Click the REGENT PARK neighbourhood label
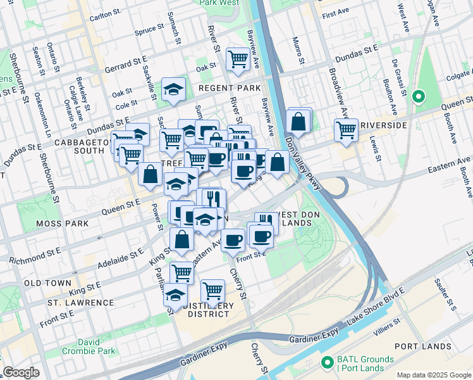pos(230,87)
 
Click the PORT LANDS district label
pos(422,346)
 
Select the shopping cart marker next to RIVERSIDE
pos(346,129)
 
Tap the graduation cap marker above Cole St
pos(173,90)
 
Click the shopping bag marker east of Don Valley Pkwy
pos(298,120)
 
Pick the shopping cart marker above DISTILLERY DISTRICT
pos(212,291)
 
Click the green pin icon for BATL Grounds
pos(327,363)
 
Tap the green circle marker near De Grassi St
pos(417,97)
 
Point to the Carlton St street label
pos(105,12)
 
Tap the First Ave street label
pos(335,13)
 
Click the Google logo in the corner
pos(21,373)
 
